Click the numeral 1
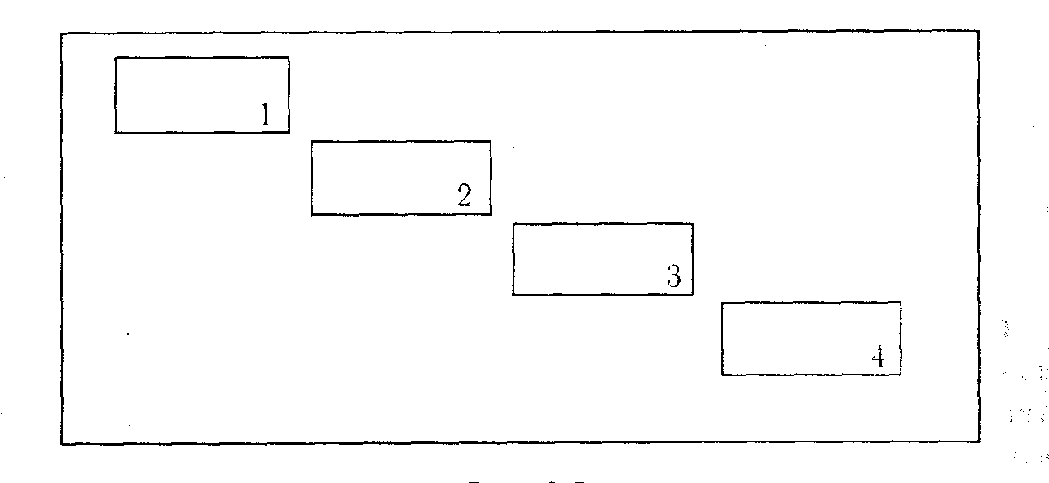(x=265, y=115)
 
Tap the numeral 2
(x=465, y=195)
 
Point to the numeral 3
(x=674, y=276)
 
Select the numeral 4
(x=878, y=357)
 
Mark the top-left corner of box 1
(x=115, y=58)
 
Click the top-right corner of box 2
(x=491, y=141)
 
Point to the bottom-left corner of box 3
(x=513, y=294)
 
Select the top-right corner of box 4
(x=901, y=302)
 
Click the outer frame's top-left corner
(x=61, y=33)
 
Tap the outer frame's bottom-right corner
(x=979, y=442)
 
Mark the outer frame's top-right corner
(x=979, y=32)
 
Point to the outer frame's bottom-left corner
(x=61, y=444)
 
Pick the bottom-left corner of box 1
(x=115, y=133)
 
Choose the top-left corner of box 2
(x=311, y=141)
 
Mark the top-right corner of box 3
(x=693, y=223)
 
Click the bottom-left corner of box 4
(x=721, y=375)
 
